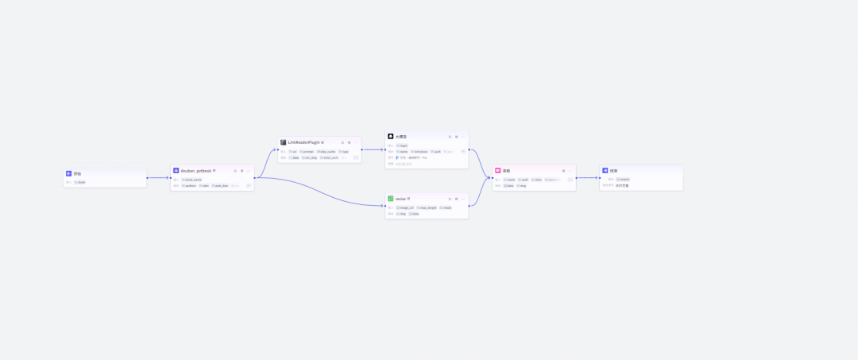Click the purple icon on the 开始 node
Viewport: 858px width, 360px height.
[69, 173]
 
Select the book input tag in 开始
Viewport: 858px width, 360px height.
[79, 182]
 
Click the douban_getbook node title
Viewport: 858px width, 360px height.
[196, 170]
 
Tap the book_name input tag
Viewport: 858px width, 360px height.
[191, 180]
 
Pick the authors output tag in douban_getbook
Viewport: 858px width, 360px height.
[189, 185]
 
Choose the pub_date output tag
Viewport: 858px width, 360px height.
[220, 185]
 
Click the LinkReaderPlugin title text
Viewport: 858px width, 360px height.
[303, 142]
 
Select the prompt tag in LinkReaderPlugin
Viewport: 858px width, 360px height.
[307, 151]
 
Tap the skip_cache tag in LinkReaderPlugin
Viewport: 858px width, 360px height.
[327, 151]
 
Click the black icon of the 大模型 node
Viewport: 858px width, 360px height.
[391, 137]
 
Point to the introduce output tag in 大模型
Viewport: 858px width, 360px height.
[419, 151]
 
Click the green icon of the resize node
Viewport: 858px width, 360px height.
[391, 199]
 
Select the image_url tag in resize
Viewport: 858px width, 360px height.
[405, 207]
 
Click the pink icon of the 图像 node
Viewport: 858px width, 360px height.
[498, 170]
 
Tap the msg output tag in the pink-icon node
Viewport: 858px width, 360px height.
[522, 185]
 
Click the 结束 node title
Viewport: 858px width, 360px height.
[613, 170]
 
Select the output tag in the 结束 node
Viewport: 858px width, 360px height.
[623, 179]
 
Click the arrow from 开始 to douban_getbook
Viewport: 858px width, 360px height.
[158, 178]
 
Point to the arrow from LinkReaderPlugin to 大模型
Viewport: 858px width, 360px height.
[373, 149]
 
